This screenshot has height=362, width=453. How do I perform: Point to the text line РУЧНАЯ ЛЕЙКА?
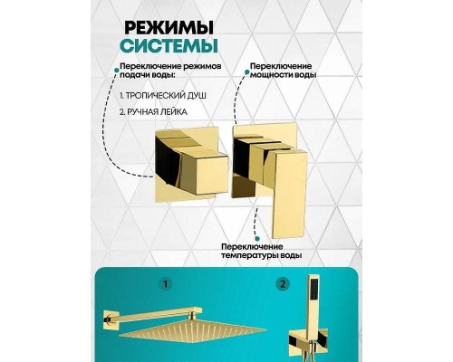[x=152, y=113]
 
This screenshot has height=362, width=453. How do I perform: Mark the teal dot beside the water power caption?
[x=242, y=68]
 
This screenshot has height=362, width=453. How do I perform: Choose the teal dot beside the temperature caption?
[x=217, y=245]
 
